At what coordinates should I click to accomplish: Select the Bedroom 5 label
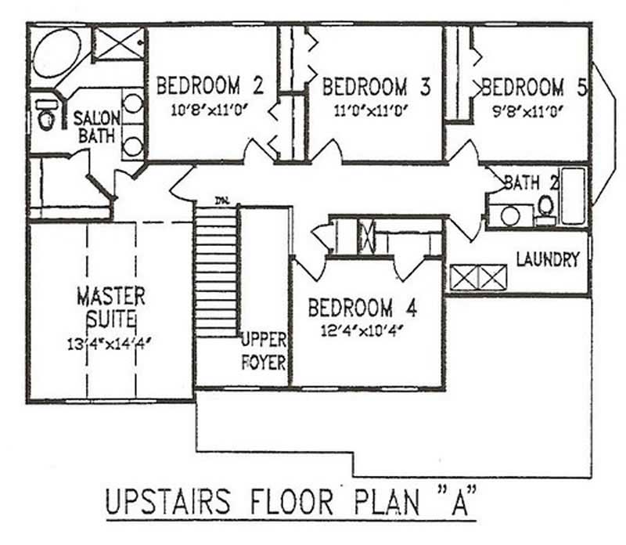pyautogui.click(x=534, y=86)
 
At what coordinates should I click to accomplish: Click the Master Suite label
pyautogui.click(x=110, y=308)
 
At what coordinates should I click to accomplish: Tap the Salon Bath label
pyautogui.click(x=96, y=128)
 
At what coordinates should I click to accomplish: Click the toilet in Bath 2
pyautogui.click(x=546, y=209)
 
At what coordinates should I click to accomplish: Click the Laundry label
pyautogui.click(x=547, y=259)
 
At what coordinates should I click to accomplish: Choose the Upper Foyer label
pyautogui.click(x=263, y=352)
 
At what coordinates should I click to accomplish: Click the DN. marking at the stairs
pyautogui.click(x=221, y=200)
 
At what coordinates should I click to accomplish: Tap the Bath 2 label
pyautogui.click(x=531, y=183)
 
